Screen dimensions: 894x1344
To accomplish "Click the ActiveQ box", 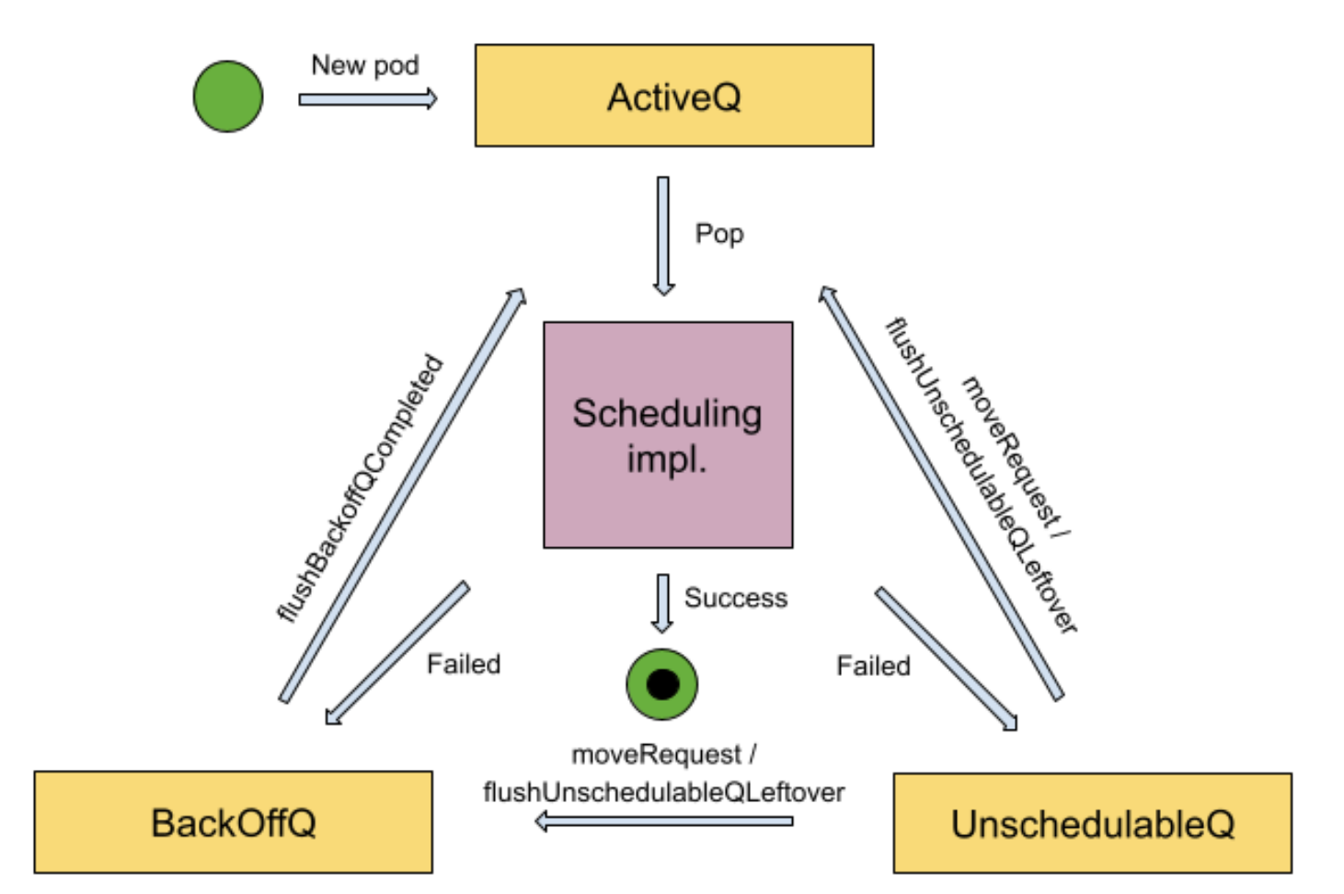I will pos(673,96).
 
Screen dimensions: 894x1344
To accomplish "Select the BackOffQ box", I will pos(233,822).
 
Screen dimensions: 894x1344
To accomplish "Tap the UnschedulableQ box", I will pos(1092,823).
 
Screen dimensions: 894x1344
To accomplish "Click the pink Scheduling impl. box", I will pos(668,435).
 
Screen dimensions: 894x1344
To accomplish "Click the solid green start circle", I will pos(228,97).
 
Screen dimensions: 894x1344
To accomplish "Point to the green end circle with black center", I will pos(662,684).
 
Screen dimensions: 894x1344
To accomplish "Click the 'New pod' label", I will pos(365,65).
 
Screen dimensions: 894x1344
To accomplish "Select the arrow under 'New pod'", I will pos(367,99).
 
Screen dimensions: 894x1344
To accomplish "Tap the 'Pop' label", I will pos(719,234).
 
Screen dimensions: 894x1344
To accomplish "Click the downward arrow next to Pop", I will pos(663,235).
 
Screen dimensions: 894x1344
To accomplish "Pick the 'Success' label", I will pos(736,599).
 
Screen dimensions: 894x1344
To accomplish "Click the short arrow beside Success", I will pos(662,603).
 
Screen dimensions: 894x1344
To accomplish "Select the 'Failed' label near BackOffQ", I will pos(464,664).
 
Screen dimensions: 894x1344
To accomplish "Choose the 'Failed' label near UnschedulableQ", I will pos(873,666).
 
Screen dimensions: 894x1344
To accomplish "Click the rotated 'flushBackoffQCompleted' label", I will pos(361,488).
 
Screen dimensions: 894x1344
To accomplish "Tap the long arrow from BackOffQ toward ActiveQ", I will pos(402,497).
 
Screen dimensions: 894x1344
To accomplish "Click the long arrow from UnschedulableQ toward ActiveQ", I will pos(941,494).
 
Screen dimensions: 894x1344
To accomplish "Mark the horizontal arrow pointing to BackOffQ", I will pos(663,821).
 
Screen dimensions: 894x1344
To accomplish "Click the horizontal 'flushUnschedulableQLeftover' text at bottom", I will pos(663,792).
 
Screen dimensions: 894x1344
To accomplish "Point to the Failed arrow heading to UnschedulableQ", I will pos(946,659).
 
